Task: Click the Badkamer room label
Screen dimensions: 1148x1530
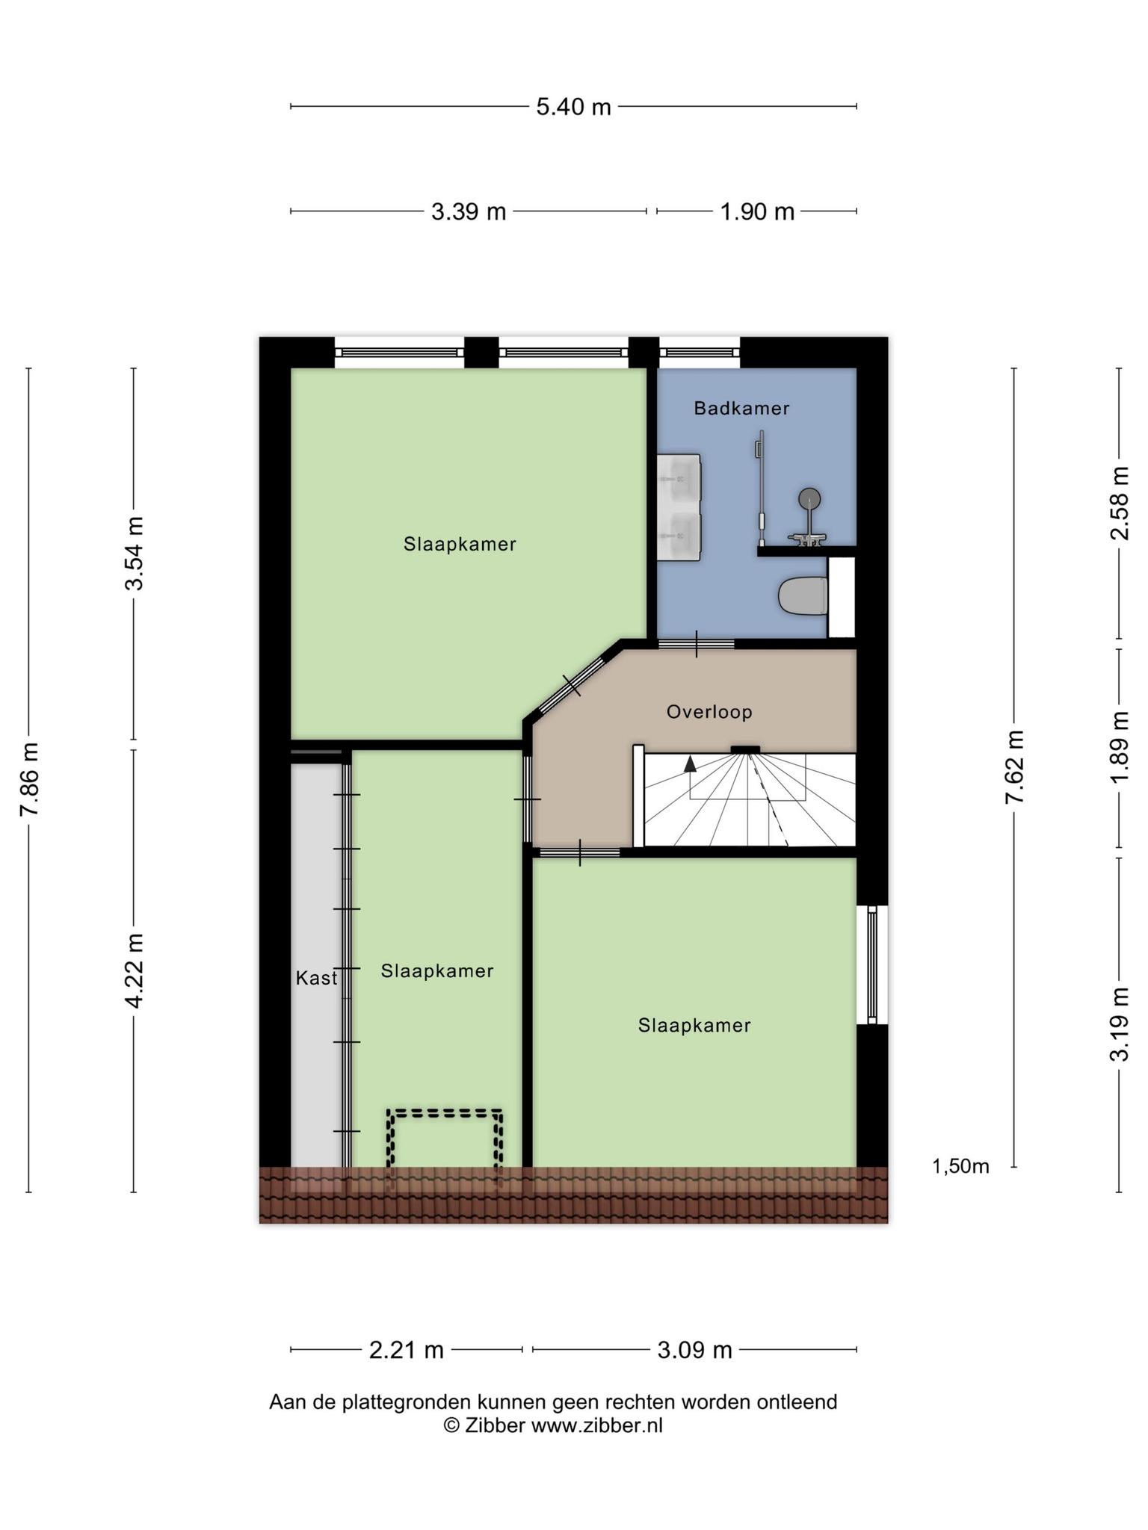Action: pyautogui.click(x=741, y=409)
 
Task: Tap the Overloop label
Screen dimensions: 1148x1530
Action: pyautogui.click(x=709, y=712)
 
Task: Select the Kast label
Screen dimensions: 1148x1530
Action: pyautogui.click(x=316, y=978)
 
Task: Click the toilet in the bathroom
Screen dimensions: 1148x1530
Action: pyautogui.click(x=803, y=596)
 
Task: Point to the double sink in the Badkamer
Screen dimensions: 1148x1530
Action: pyautogui.click(x=679, y=507)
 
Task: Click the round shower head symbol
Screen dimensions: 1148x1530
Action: pyautogui.click(x=809, y=498)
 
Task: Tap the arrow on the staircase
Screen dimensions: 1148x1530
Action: pyautogui.click(x=690, y=764)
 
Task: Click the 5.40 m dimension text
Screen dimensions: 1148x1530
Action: pyautogui.click(x=573, y=108)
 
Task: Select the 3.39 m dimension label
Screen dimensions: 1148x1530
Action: pyautogui.click(x=469, y=212)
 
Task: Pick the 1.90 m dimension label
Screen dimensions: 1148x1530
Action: pyautogui.click(x=757, y=212)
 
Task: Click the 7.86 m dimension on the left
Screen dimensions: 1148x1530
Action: pyautogui.click(x=30, y=780)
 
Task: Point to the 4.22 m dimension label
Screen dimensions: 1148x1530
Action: pyautogui.click(x=135, y=970)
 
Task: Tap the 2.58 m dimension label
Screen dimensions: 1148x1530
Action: pyautogui.click(x=1119, y=503)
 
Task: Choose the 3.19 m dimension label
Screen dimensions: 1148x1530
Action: pyautogui.click(x=1119, y=1024)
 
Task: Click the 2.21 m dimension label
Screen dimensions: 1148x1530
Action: pyautogui.click(x=407, y=1350)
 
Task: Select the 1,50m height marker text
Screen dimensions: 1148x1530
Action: pyautogui.click(x=960, y=1166)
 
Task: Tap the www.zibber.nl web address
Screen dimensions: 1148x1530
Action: pyautogui.click(x=597, y=1425)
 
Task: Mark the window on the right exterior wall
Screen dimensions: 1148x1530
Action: pyautogui.click(x=872, y=964)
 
